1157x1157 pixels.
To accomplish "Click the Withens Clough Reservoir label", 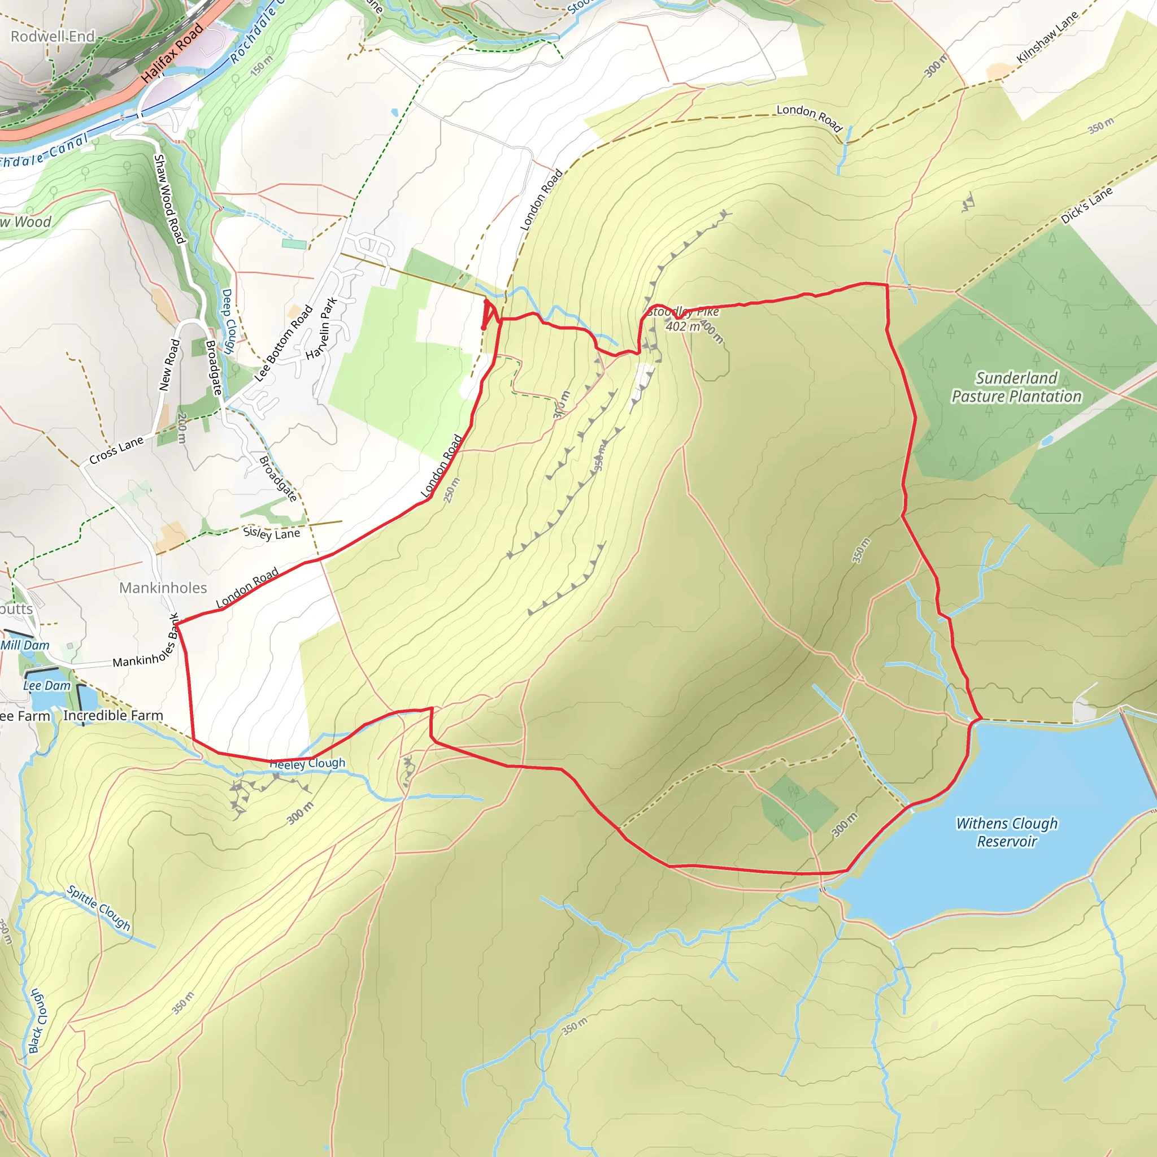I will pos(1007,832).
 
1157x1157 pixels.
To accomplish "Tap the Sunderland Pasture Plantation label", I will pos(1016,388).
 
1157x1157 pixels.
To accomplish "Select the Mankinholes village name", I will pos(163,588).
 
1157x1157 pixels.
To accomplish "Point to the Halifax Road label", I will pos(172,53).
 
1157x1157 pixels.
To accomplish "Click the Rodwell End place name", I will pos(53,37).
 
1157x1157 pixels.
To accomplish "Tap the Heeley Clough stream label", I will pos(307,764).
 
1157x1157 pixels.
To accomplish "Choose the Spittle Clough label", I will pos(99,907).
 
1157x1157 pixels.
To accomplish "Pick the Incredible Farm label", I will pos(113,716).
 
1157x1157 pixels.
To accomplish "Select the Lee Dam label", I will pos(47,686).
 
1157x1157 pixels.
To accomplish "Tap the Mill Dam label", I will pos(25,645).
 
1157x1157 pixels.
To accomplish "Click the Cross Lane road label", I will pos(116,450).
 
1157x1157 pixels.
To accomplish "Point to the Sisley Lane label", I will pos(271,532).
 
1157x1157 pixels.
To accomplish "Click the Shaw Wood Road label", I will pos(169,199).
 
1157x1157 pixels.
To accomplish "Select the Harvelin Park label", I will pos(321,329).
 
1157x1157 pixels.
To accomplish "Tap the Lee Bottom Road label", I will pos(284,343).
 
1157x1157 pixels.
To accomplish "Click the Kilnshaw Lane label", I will pos(1047,37).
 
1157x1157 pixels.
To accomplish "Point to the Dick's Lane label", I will pos(1086,206).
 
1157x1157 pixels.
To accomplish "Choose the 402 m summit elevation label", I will pos(682,327).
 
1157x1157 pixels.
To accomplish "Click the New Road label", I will pos(169,365).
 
